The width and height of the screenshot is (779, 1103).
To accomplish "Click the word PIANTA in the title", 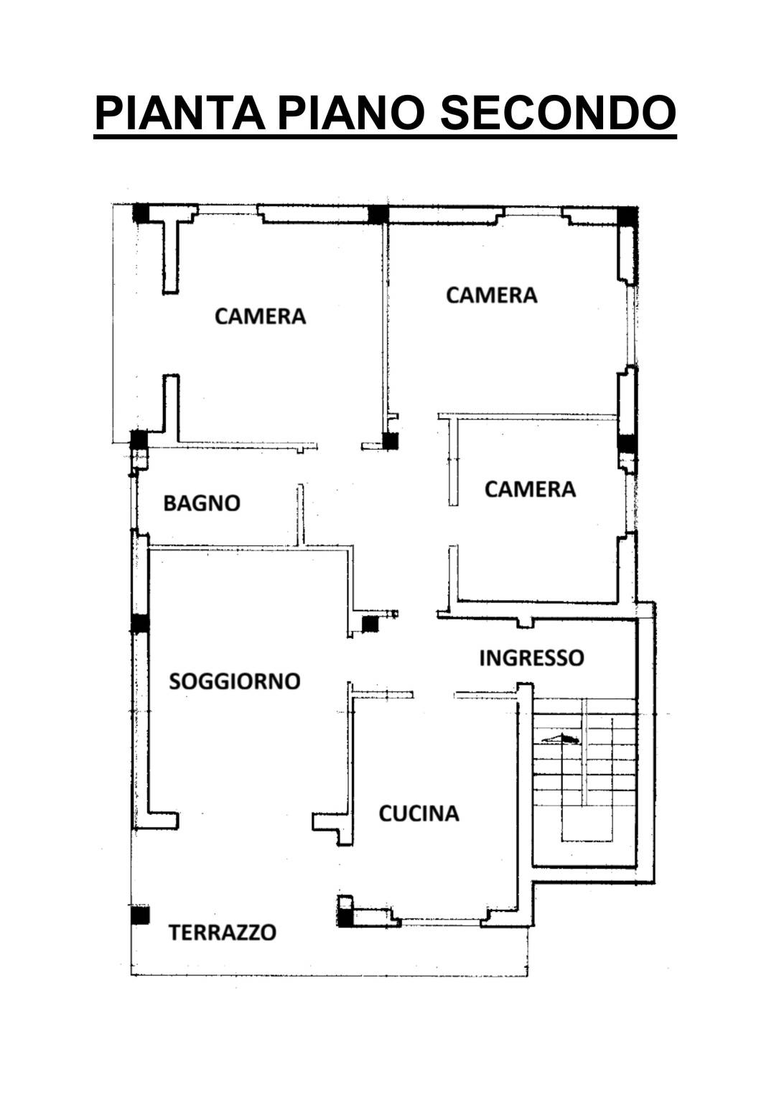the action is point(179,114).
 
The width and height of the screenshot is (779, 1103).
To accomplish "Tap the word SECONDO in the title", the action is point(558,114).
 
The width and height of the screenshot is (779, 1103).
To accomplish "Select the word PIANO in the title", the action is point(350,114).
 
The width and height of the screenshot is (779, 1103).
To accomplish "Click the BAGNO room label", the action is point(202,503).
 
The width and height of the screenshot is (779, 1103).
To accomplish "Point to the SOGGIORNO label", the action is point(235,681).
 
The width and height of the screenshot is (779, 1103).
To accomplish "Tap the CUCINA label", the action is point(419,813).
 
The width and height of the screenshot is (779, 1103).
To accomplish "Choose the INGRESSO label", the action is point(531,658).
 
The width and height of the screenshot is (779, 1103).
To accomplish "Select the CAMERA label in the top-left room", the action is point(261,316).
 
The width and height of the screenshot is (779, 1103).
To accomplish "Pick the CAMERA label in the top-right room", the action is point(492,295).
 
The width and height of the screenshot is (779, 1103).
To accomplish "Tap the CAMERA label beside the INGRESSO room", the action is point(530,489).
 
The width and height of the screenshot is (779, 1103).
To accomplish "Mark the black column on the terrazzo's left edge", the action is point(140,915).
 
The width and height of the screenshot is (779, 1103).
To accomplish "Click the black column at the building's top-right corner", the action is point(628,216).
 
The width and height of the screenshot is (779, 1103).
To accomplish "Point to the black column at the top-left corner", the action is point(141,213).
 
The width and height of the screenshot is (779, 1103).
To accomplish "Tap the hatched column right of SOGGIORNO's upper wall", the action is point(370,624).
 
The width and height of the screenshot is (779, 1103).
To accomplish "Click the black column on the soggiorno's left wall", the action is point(140,624).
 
